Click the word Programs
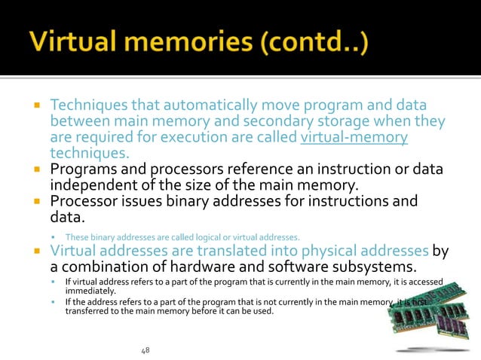click(82, 169)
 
